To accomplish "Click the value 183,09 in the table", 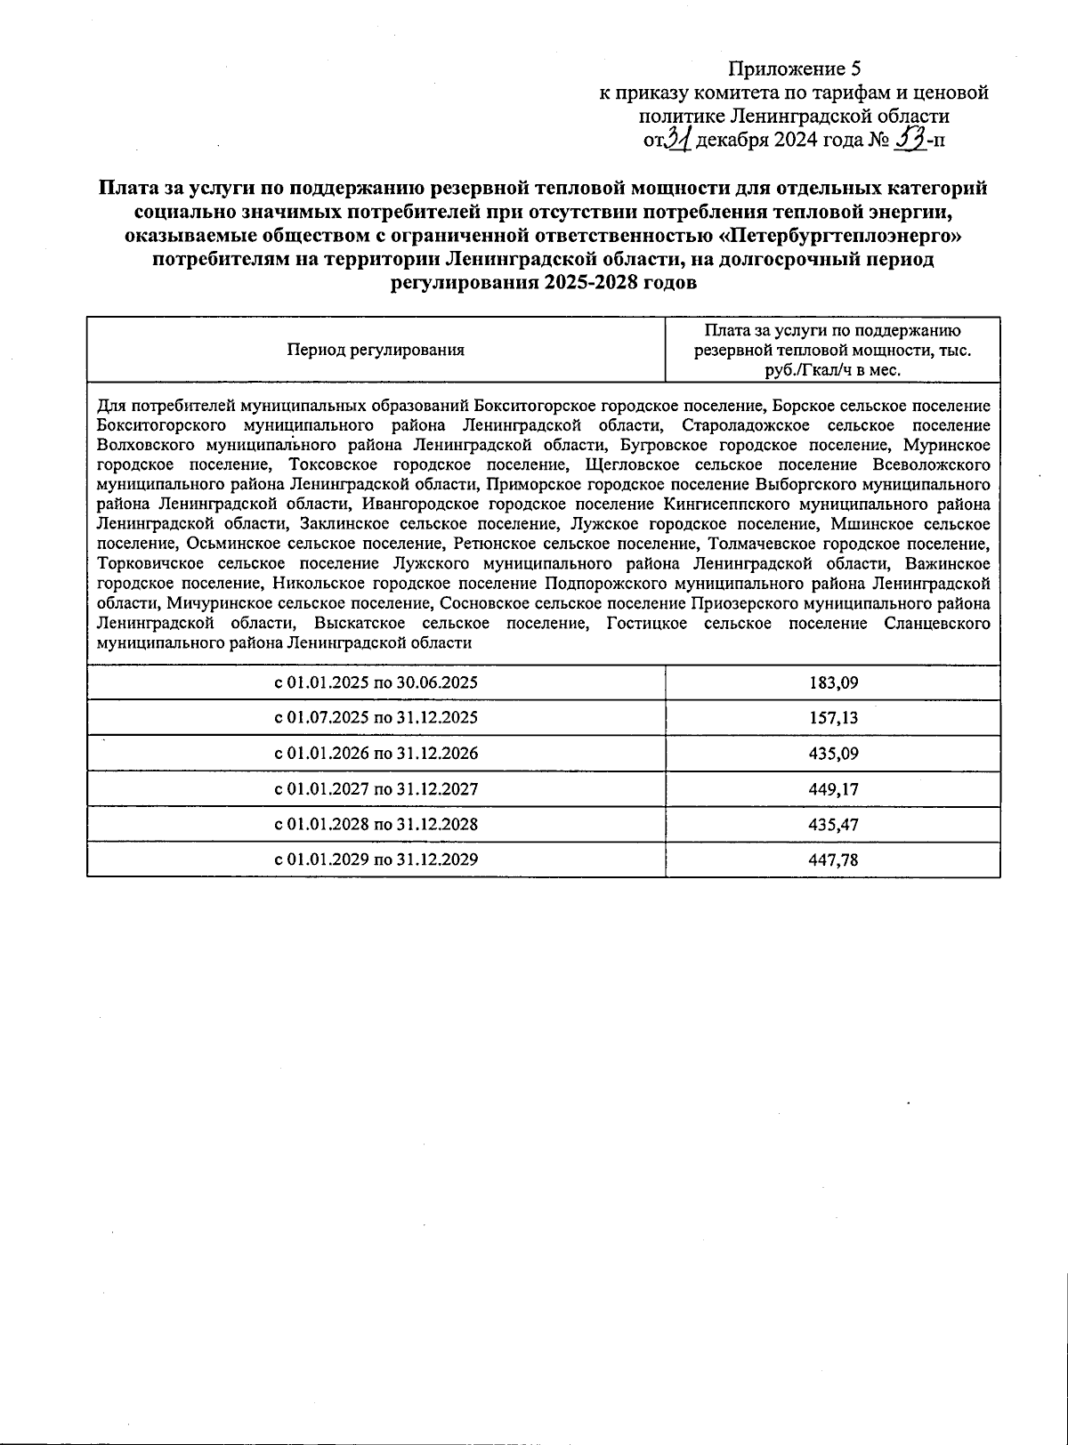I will pos(833,683).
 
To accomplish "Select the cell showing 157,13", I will pos(833,718).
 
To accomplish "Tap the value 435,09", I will pos(833,754).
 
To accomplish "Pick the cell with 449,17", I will pos(833,789).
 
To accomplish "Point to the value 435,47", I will pos(833,825).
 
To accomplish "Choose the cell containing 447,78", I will pos(833,860).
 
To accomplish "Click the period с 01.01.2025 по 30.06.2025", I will pos(376,683).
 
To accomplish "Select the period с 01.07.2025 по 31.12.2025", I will pos(376,718).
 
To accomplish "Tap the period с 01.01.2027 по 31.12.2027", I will pos(376,789).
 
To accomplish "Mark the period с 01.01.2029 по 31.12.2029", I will pos(376,860).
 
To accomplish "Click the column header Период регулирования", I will pos(376,350).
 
